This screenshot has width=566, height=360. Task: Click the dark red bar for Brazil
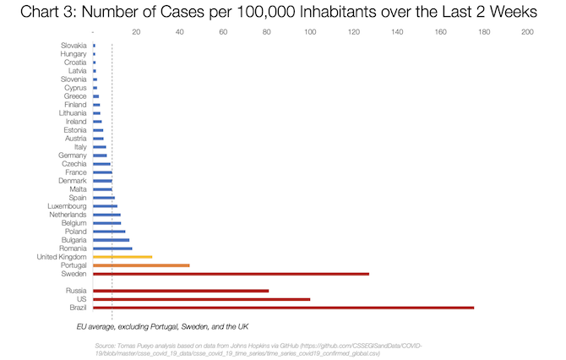click(x=283, y=308)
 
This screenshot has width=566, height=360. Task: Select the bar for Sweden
click(x=231, y=274)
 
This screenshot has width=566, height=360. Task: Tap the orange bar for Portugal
click(x=141, y=265)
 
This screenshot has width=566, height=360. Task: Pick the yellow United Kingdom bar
click(x=122, y=256)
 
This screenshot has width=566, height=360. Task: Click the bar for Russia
click(x=181, y=291)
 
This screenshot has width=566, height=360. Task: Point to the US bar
click(x=201, y=299)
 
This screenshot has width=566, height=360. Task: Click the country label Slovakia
click(x=72, y=45)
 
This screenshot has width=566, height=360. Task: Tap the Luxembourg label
click(x=67, y=206)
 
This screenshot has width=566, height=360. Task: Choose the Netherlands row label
click(x=67, y=215)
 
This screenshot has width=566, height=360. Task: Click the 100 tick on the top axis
click(x=310, y=32)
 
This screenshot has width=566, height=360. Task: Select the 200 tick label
click(x=527, y=32)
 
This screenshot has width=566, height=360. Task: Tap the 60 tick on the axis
click(x=223, y=32)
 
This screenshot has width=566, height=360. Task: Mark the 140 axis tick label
click(x=397, y=32)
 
